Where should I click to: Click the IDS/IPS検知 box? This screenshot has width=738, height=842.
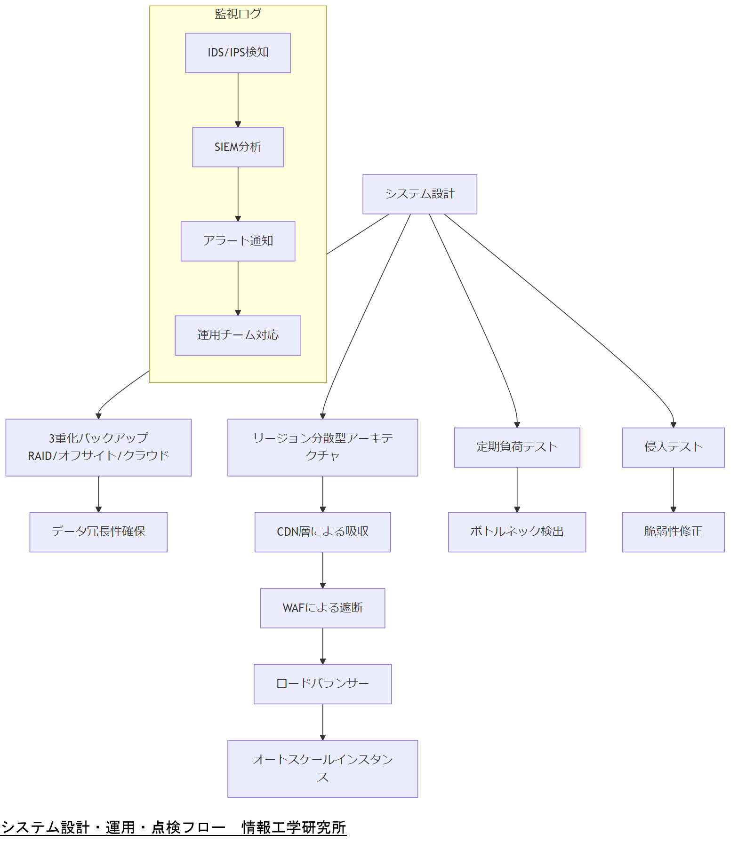point(238,53)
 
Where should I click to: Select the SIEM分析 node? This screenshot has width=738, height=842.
point(238,147)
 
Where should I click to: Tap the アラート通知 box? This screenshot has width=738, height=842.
point(238,241)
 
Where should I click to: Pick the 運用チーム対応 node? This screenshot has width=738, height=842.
point(238,335)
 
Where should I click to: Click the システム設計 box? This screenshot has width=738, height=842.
point(419,194)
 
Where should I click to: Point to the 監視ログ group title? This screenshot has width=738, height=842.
point(238,14)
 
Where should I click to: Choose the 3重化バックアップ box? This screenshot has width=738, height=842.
point(98,447)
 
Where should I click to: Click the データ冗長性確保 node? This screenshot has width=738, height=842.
point(98,532)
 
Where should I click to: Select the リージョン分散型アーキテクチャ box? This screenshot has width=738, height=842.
point(322,447)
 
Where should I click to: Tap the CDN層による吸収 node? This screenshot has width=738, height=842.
point(322,532)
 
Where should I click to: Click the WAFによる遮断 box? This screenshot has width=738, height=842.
point(322,608)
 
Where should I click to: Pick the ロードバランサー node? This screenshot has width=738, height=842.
point(322,683)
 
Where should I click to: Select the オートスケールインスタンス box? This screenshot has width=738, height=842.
point(322,768)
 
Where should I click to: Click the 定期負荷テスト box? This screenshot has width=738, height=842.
point(517,447)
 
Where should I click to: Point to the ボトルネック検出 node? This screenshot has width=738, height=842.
point(517,532)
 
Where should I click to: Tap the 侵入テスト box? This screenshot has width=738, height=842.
point(673,447)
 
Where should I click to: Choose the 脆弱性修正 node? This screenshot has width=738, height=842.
point(673,532)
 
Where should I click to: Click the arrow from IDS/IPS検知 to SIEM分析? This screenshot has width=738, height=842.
point(238,100)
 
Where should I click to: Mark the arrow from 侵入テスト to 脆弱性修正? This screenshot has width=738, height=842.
point(673,489)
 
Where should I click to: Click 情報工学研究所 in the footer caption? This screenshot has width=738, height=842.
point(294,827)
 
